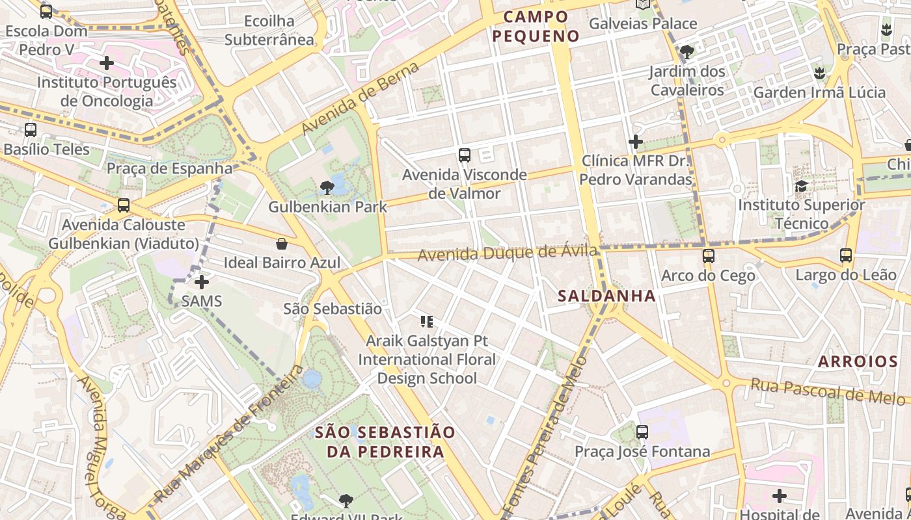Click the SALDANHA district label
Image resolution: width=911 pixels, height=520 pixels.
pyautogui.click(x=606, y=296)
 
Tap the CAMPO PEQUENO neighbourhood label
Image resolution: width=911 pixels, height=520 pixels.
pyautogui.click(x=536, y=27)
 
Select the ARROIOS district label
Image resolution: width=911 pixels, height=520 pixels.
pyautogui.click(x=858, y=361)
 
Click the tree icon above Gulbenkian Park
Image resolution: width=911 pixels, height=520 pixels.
pyautogui.click(x=327, y=188)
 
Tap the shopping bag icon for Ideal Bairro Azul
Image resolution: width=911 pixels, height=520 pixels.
pyautogui.click(x=282, y=244)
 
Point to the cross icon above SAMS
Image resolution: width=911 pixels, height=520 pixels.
pyautogui.click(x=202, y=282)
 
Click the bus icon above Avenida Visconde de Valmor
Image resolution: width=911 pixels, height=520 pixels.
pyautogui.click(x=464, y=155)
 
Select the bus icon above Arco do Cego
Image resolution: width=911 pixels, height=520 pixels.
pyautogui.click(x=709, y=256)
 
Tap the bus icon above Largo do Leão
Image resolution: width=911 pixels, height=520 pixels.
pyautogui.click(x=846, y=255)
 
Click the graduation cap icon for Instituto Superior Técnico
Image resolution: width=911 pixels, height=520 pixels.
pyautogui.click(x=801, y=186)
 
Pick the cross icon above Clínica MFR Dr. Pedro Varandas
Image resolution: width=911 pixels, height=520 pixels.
pyautogui.click(x=636, y=141)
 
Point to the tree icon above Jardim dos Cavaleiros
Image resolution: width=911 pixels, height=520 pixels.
pyautogui.click(x=687, y=52)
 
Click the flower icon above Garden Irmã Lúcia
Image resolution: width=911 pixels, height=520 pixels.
pyautogui.click(x=819, y=73)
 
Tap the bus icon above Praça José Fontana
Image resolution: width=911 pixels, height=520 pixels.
pyautogui.click(x=642, y=432)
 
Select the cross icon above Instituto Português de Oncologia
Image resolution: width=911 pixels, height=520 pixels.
pyautogui.click(x=107, y=63)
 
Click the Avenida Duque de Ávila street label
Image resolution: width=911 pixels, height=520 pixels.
pyautogui.click(x=507, y=252)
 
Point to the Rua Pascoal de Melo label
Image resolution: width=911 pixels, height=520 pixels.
pyautogui.click(x=830, y=390)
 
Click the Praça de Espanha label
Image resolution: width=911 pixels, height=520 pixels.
pyautogui.click(x=169, y=168)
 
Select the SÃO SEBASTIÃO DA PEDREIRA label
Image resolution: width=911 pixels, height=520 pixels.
pyautogui.click(x=385, y=441)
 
